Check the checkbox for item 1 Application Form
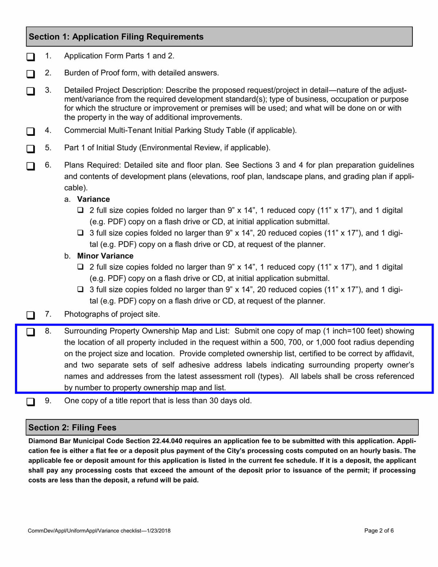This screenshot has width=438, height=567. (x=31, y=57)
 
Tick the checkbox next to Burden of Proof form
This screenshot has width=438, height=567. (x=31, y=74)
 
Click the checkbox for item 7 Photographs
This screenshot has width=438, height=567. (x=31, y=315)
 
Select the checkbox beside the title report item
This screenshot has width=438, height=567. (x=31, y=402)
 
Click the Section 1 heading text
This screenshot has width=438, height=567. (x=116, y=37)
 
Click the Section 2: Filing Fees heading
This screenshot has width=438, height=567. (x=72, y=428)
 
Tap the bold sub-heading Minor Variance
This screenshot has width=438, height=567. (x=105, y=256)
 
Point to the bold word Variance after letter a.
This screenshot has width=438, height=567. (x=93, y=199)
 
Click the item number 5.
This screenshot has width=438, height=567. (x=48, y=148)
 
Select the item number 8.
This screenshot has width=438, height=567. (x=48, y=331)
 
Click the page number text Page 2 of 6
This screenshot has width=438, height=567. (x=379, y=531)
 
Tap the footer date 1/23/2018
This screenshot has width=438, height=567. (x=158, y=531)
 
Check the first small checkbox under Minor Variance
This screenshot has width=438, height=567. (x=80, y=267)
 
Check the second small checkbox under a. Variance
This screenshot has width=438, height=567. (x=80, y=233)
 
